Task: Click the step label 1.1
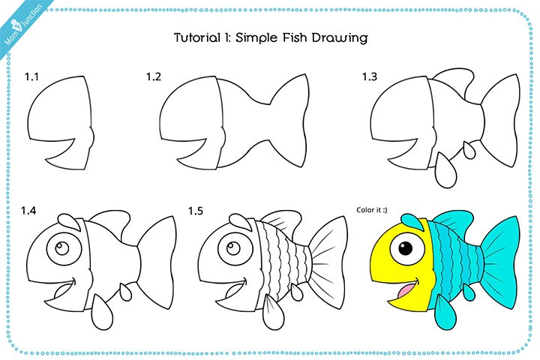[x=31, y=76]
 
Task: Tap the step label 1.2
[x=154, y=76]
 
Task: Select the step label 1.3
[x=370, y=76]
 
